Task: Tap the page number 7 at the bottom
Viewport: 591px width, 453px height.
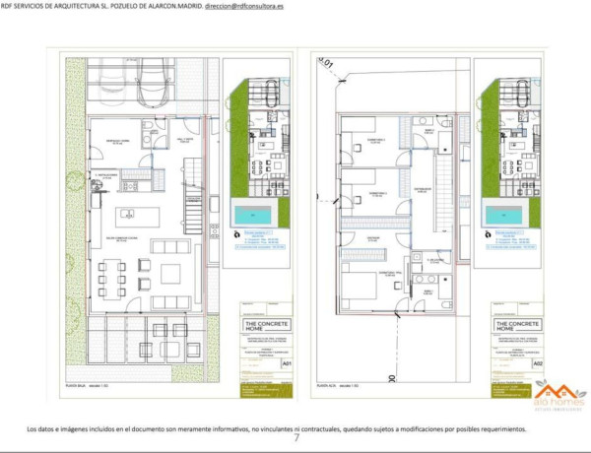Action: [x=296, y=438]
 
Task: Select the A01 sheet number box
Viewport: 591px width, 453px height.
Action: [x=287, y=363]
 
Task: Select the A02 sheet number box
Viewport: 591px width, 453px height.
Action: [x=538, y=363]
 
